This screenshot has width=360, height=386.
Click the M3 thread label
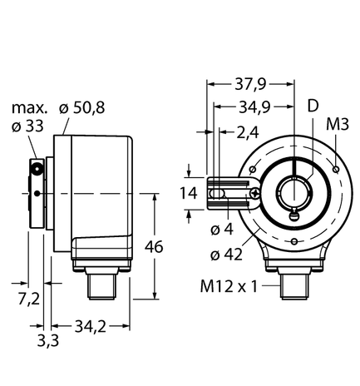pyautogui.click(x=337, y=125)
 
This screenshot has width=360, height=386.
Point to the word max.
pyautogui.click(x=30, y=109)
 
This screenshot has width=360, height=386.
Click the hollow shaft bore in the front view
pyautogui.click(x=294, y=193)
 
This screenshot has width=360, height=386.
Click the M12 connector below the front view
pyautogui.click(x=293, y=283)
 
